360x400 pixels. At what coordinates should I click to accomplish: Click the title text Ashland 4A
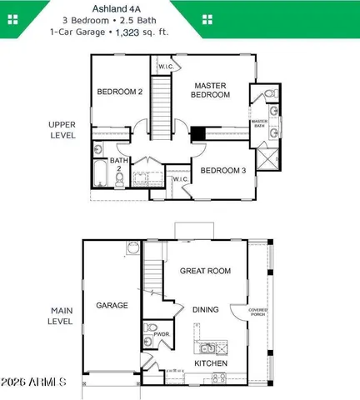pos(180,8)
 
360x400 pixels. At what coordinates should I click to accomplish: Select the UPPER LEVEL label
pos(62,129)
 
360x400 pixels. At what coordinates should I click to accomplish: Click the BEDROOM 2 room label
pos(120,92)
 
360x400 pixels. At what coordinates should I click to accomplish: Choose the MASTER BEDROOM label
pos(212,90)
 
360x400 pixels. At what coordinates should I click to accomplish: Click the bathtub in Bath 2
pos(99,176)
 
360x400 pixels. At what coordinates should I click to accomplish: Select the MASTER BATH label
pos(259,124)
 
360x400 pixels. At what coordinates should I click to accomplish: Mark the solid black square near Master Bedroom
pos(198,133)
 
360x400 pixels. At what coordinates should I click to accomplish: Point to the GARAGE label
pos(112,305)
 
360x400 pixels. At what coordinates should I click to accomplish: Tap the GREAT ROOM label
pos(205,270)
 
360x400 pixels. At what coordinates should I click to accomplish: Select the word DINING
pos(205,309)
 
